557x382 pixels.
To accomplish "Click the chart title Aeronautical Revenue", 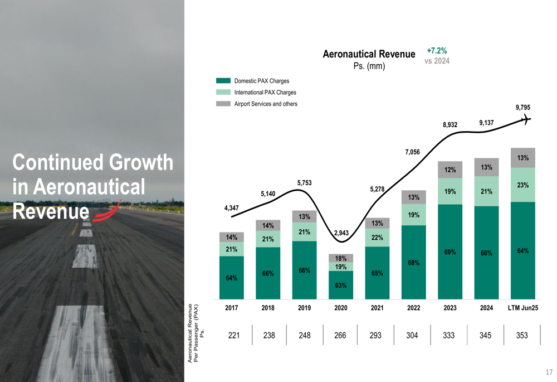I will pos(369,54).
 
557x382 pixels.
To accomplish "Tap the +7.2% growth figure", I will pos(437,51).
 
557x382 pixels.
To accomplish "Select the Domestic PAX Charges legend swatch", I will pos(223,81).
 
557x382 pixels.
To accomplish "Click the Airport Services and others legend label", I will pos(266,104).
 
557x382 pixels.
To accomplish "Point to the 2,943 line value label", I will pos(341,233).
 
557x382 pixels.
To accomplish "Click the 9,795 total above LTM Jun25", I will pos(522,108).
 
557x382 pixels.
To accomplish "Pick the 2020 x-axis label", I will pos(341,308).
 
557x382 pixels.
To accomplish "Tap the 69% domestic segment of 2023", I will pos(450,253).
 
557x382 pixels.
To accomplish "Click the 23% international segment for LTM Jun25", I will pos(522,185).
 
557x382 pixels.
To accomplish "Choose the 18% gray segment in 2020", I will pos(341,258).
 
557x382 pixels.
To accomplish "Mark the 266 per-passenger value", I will pos(341,336).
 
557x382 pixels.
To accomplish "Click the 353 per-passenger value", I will pos(522,336).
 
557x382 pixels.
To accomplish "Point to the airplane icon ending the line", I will pos(525,119).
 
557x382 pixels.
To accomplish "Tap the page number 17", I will pos(549,372).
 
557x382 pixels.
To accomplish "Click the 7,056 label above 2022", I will pos(413,152).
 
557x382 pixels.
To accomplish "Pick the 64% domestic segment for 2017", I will pos(232,278).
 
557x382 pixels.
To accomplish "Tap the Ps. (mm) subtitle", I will pos(369,66).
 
